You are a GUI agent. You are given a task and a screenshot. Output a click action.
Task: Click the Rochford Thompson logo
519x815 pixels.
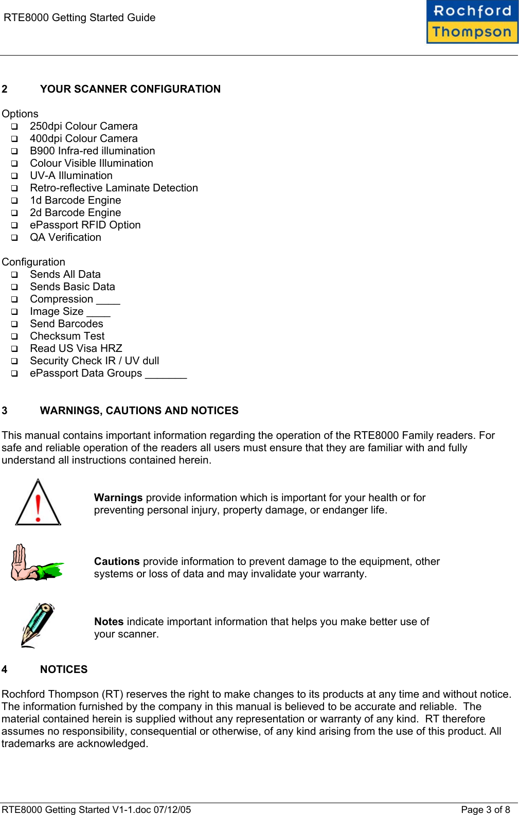pyautogui.click(x=472, y=22)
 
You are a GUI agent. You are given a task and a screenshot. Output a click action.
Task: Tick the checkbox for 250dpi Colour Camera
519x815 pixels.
pyautogui.click(x=14, y=127)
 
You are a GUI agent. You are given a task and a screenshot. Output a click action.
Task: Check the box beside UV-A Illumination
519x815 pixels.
pyautogui.click(x=14, y=176)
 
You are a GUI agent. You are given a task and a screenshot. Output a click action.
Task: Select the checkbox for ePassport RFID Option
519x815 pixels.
pyautogui.click(x=14, y=225)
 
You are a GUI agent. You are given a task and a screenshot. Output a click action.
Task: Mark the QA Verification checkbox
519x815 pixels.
pyautogui.click(x=14, y=238)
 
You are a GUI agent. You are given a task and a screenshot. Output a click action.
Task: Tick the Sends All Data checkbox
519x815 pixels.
pyautogui.click(x=14, y=275)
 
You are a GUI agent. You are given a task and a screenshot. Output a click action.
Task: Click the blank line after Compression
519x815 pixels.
pyautogui.click(x=108, y=300)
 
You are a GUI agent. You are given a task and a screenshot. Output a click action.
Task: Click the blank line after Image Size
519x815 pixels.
pyautogui.click(x=98, y=313)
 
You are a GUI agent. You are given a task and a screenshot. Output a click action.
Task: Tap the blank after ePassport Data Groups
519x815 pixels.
pyautogui.click(x=166, y=375)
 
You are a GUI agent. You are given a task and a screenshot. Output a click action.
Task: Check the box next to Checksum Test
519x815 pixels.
pyautogui.click(x=14, y=336)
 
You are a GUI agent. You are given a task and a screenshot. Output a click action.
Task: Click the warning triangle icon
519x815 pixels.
pyautogui.click(x=38, y=502)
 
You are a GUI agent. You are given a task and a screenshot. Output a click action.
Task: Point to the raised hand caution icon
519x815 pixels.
pyautogui.click(x=36, y=563)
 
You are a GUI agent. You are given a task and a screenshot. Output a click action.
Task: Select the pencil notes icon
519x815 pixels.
pyautogui.click(x=38, y=625)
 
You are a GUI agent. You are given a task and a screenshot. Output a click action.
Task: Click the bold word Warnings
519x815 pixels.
pyautogui.click(x=118, y=498)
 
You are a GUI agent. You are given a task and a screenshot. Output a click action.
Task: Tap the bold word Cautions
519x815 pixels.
pyautogui.click(x=117, y=561)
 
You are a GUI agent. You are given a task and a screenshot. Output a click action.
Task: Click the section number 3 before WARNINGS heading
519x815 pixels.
pyautogui.click(x=5, y=411)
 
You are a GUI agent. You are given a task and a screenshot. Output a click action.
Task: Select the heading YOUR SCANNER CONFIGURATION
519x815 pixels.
pyautogui.click(x=130, y=89)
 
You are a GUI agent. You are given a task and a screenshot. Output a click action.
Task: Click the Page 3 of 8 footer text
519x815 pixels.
pyautogui.click(x=485, y=810)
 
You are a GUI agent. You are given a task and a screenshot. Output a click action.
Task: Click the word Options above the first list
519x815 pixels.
pyautogui.click(x=20, y=114)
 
